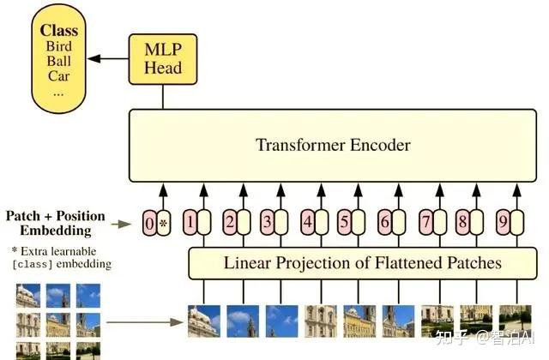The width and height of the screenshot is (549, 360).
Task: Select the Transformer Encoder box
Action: pos(333,145)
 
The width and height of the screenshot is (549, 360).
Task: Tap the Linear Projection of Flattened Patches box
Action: pos(363,261)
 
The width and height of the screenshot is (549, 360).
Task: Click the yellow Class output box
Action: pos(59,53)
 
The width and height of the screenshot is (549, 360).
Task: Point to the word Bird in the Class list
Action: pos(59,45)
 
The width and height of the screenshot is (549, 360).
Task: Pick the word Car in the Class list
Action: pos(59,75)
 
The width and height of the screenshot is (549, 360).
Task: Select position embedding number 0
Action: pos(150,225)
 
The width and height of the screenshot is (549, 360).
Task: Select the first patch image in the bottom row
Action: pos(203,321)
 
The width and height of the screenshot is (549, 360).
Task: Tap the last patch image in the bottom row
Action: pos(515,321)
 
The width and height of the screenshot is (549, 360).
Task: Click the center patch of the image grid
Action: pos(58,324)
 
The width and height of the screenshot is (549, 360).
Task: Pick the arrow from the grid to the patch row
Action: pos(146,323)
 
